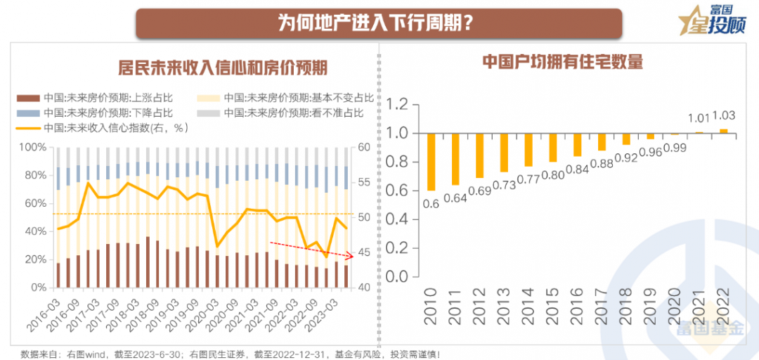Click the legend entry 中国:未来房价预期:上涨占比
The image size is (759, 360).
tap(99, 98)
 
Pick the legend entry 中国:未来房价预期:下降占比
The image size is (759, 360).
tap(99, 112)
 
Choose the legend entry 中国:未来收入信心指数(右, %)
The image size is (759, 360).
tap(105, 128)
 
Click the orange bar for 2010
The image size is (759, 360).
tap(431, 162)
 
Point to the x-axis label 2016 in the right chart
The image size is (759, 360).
tap(578, 304)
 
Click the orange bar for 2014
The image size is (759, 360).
tap(528, 150)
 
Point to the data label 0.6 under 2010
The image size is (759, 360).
tap(432, 204)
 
